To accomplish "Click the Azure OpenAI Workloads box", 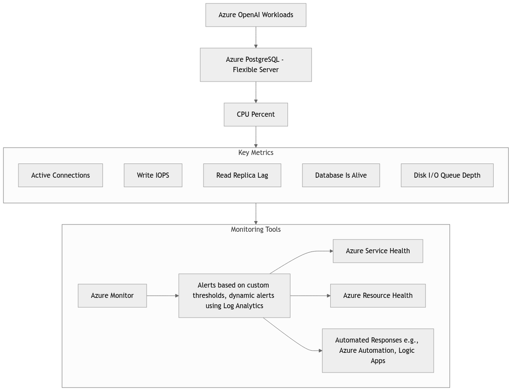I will click(256, 15).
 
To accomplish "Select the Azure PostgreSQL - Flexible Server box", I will click(256, 64).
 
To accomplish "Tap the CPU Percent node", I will click(256, 115).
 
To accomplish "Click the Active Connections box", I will click(60, 175).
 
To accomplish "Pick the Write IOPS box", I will click(153, 175).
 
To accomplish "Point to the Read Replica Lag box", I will click(242, 175).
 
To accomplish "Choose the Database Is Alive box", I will click(341, 175).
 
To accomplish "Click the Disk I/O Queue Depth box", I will click(447, 175).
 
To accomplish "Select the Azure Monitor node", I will click(112, 296).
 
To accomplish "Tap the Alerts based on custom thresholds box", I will click(234, 296).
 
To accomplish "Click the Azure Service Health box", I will click(378, 251).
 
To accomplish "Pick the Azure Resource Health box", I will click(378, 296).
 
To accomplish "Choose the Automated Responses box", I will click(378, 351).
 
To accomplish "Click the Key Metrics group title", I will click(256, 153).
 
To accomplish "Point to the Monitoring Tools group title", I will click(256, 230).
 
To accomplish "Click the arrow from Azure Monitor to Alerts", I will click(162, 296).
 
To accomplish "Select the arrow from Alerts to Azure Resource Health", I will click(310, 296).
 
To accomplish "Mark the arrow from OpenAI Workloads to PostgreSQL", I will click(256, 37).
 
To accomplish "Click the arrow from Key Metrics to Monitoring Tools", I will click(256, 213).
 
